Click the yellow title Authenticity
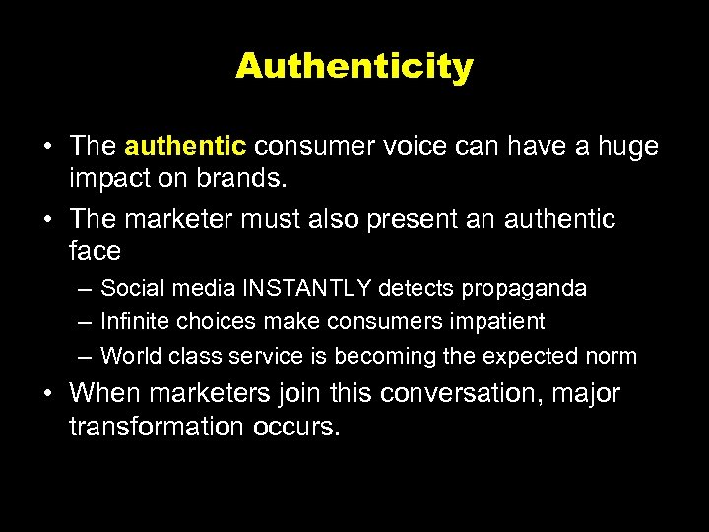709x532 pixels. tap(354, 67)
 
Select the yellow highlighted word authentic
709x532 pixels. tap(185, 147)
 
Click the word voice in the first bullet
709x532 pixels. tap(408, 147)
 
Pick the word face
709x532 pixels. tap(96, 252)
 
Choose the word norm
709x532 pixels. tap(612, 356)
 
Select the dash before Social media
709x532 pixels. tap(84, 289)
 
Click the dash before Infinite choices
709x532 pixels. tap(84, 322)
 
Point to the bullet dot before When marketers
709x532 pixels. tap(48, 394)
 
